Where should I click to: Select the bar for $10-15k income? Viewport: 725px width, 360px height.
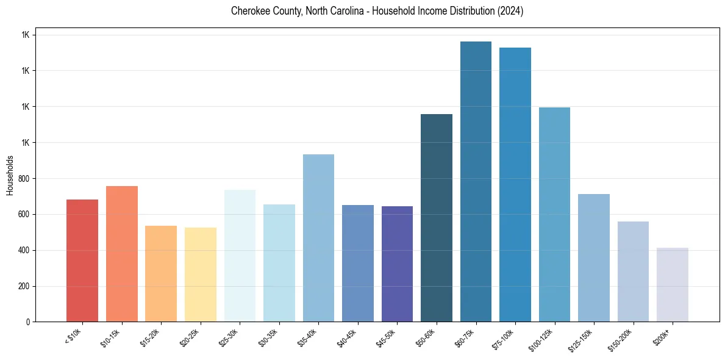[121, 254]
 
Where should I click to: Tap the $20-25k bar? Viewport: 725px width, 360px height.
[200, 275]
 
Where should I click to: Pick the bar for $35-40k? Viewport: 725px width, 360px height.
[318, 238]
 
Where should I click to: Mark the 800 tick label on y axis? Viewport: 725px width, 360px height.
[24, 179]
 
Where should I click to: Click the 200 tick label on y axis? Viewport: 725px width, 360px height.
[24, 286]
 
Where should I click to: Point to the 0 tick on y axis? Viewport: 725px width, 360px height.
[28, 322]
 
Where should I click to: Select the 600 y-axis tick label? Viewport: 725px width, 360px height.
[24, 215]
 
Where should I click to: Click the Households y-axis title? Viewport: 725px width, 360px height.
[10, 175]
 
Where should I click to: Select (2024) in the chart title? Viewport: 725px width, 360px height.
[510, 11]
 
